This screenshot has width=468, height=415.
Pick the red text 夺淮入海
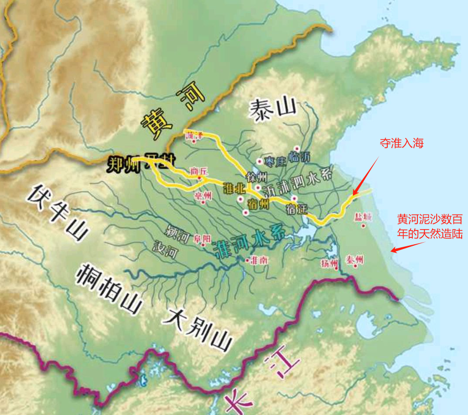[402, 143]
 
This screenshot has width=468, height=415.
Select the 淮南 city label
[259, 259]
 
